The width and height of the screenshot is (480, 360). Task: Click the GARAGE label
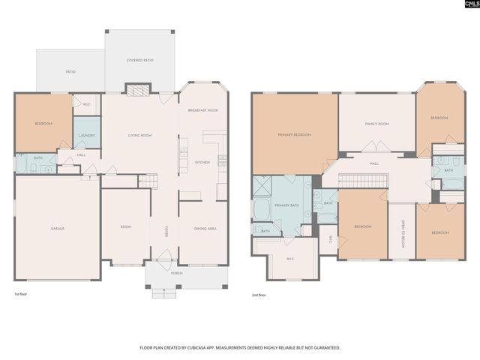[x=56, y=228]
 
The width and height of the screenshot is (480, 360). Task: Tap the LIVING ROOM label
[x=139, y=135]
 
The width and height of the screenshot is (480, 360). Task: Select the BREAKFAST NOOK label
[x=202, y=110]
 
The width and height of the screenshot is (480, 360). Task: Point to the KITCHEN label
[x=202, y=162]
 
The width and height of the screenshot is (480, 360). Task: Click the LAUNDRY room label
[x=86, y=135]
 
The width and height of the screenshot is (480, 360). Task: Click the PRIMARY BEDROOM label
[x=294, y=134]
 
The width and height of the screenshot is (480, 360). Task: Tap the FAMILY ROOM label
[x=376, y=123]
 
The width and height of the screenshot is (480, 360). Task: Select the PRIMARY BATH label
[x=286, y=205]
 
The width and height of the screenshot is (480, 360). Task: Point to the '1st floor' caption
[x=22, y=295]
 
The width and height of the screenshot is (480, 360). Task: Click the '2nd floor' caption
[x=259, y=295]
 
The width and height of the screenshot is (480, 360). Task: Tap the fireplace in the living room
[x=136, y=91]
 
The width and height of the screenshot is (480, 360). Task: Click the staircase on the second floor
[x=363, y=180]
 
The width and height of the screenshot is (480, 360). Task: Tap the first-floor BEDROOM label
[x=43, y=123]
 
